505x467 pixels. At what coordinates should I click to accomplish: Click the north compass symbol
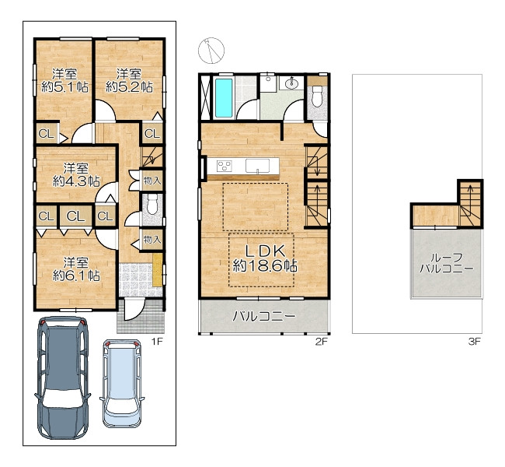[x=211, y=51]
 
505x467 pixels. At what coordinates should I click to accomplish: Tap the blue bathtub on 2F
[x=224, y=98]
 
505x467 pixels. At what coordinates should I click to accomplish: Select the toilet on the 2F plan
[x=317, y=96]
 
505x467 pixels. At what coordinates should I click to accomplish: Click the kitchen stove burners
[x=225, y=167]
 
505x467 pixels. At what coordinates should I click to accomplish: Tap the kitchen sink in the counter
[x=258, y=166]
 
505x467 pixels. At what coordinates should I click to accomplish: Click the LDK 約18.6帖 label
[x=265, y=258]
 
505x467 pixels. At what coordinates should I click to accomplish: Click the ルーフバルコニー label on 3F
[x=447, y=263]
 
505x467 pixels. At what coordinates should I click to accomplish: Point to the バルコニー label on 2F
[x=264, y=316]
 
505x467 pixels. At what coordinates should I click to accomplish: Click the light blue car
[x=122, y=384]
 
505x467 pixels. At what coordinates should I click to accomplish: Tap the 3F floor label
[x=475, y=342]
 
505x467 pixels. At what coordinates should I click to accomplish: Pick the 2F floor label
[x=321, y=342]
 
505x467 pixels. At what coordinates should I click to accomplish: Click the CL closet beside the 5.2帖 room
[x=152, y=133]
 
